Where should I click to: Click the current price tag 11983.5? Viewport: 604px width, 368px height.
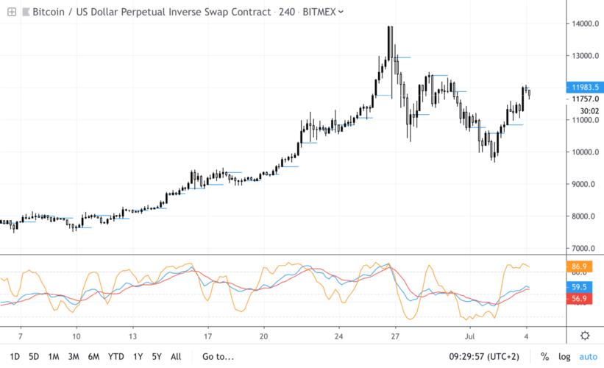pos(584,86)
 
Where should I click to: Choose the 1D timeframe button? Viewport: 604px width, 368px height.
pos(15,356)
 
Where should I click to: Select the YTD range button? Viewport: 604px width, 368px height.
pos(116,356)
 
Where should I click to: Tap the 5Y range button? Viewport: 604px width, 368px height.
pos(157,356)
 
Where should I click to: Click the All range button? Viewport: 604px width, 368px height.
pos(175,356)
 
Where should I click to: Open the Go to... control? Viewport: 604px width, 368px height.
pos(217,356)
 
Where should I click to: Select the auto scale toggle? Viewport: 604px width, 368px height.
pos(588,356)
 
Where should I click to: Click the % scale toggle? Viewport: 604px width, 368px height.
pos(545,356)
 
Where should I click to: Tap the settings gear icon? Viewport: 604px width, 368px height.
pos(585,336)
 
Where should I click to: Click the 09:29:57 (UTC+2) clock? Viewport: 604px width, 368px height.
pos(484,356)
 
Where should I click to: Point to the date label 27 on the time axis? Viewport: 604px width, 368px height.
pos(395,336)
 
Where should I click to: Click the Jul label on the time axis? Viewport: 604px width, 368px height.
pos(472,336)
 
